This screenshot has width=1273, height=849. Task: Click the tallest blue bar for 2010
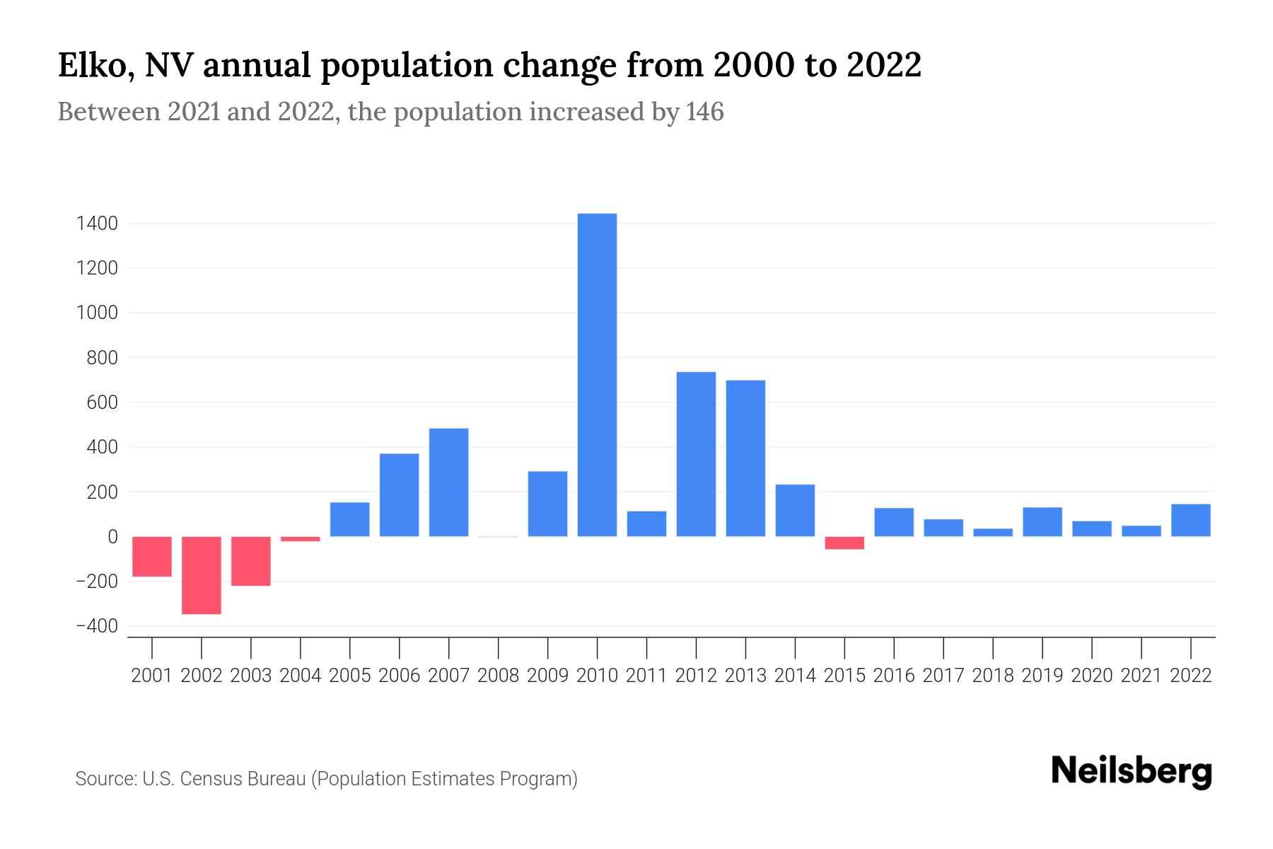click(597, 375)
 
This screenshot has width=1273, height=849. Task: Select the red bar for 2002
click(202, 575)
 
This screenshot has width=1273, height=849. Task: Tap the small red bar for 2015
click(844, 543)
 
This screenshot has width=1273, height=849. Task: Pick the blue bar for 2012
click(696, 454)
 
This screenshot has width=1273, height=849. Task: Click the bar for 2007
click(448, 483)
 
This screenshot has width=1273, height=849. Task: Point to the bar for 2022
click(1191, 520)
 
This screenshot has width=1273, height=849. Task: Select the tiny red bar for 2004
click(301, 539)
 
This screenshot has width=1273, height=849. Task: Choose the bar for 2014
click(795, 510)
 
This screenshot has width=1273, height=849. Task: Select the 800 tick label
click(102, 358)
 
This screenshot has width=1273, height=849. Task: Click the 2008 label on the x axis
click(498, 676)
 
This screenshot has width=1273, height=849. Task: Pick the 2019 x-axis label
click(1042, 676)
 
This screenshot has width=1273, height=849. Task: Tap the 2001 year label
click(152, 676)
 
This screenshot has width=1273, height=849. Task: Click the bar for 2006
click(399, 495)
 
